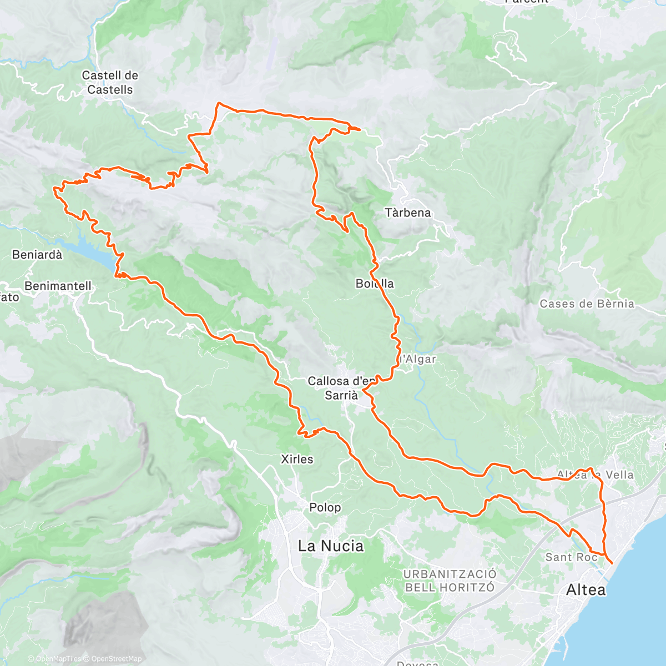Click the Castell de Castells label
pos(110,82)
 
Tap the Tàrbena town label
pos(407,213)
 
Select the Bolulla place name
pos(375,284)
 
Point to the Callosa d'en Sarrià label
pos(341,388)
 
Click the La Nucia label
pos(331,546)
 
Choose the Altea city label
pos(586,589)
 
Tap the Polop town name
pos(325,507)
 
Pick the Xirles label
pos(297,459)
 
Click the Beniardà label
pos(37,255)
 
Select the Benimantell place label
pos(58,286)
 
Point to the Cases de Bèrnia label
pos(587,304)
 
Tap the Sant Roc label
pos(571,557)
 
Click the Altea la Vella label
pos(595,475)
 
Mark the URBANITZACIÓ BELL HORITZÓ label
pos(450,580)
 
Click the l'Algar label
pos(418,359)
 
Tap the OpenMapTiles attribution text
pos(58,659)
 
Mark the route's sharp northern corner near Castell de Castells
pos(219,103)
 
